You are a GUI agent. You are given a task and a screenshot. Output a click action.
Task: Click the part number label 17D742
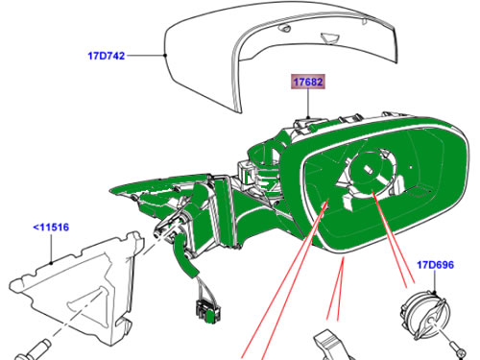pyautogui.click(x=107, y=56)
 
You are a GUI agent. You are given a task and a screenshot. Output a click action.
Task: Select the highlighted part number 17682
pyautogui.click(x=308, y=82)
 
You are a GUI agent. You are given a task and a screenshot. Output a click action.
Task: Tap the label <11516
pyautogui.click(x=51, y=228)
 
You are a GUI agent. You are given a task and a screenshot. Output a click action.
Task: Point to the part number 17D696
pyautogui.click(x=435, y=265)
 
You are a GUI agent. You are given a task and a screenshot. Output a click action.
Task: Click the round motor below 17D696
pyautogui.click(x=425, y=316)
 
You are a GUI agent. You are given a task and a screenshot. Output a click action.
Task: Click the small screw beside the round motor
pyautogui.click(x=458, y=349)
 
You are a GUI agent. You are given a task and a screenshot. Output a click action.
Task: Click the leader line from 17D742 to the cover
pyautogui.click(x=146, y=56)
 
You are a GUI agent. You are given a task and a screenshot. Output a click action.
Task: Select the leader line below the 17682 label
pyautogui.click(x=308, y=104)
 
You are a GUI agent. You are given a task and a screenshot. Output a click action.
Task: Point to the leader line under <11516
pyautogui.click(x=51, y=249)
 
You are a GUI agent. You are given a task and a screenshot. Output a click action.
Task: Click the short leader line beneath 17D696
pyautogui.click(x=435, y=281)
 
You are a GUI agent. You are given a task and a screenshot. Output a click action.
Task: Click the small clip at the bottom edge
pyautogui.click(x=333, y=346)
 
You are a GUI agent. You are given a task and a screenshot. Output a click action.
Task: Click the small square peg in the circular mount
pyautogui.click(x=368, y=170)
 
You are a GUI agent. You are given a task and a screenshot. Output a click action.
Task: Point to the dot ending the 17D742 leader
pyautogui.click(x=165, y=56)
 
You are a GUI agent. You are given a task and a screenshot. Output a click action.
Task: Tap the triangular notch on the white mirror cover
pyautogui.click(x=330, y=37)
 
